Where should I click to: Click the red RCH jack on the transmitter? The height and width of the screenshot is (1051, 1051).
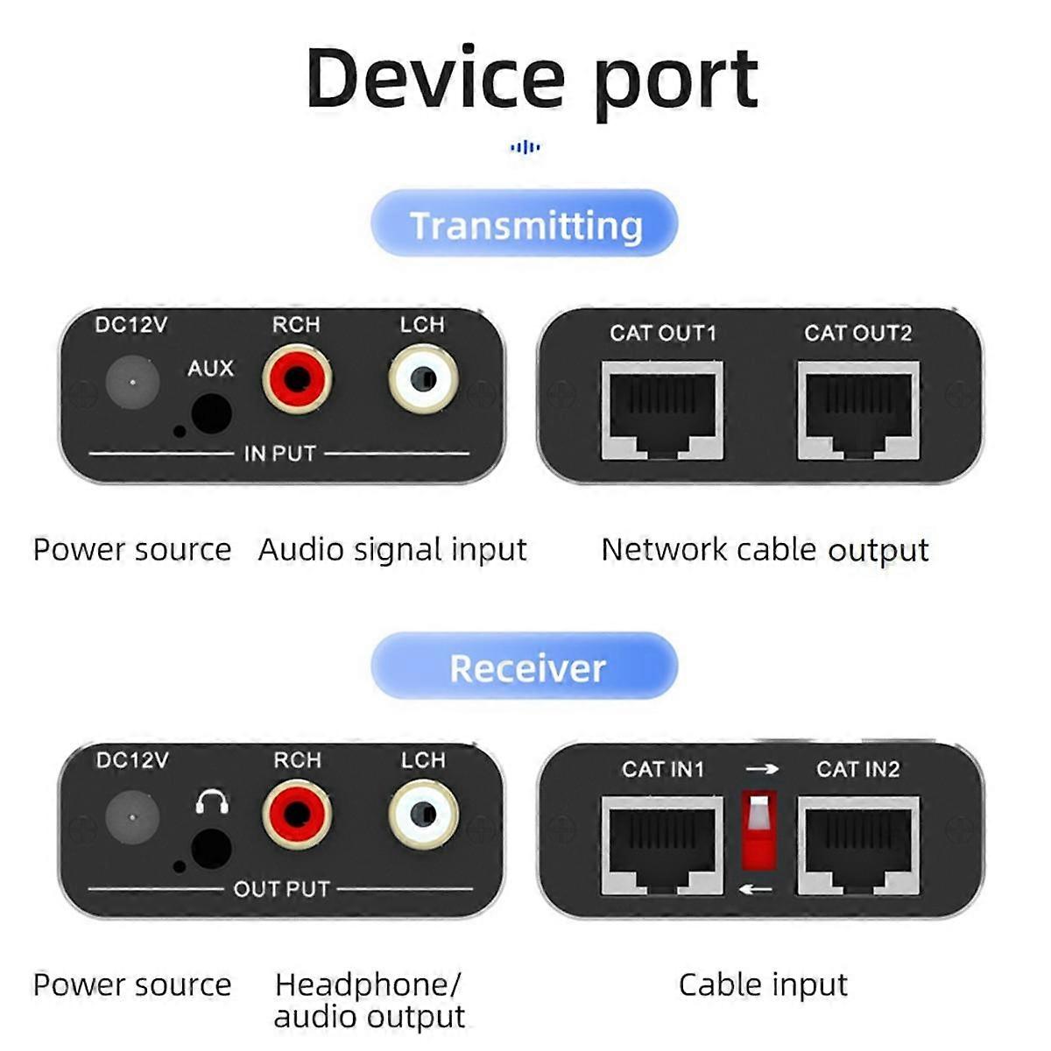point(297,378)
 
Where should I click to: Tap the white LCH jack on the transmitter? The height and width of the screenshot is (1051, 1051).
point(423,378)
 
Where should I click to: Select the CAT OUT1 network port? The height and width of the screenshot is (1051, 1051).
point(663,411)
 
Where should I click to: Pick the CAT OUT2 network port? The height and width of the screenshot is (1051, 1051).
point(858,411)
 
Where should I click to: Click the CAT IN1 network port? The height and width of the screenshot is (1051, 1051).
point(663,845)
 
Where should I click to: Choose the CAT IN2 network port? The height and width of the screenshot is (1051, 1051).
point(858,845)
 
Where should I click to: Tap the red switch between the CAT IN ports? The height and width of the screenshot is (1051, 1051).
point(759,829)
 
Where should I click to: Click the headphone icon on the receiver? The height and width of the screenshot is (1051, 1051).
point(212,801)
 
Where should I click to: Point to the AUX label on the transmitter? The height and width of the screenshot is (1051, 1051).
point(210,368)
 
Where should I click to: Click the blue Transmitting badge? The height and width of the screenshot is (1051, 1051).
point(524,223)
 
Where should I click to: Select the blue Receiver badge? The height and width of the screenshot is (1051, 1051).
point(524,666)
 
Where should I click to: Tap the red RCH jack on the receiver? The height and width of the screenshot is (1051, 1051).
point(297,815)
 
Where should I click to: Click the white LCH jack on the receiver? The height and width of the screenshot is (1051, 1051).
point(423,815)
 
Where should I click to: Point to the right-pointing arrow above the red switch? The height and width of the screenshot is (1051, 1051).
point(763,769)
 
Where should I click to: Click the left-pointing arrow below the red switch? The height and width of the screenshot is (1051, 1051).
point(756,890)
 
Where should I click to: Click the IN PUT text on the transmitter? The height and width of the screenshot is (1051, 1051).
point(279,453)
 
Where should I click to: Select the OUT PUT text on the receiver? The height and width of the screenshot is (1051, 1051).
point(281,889)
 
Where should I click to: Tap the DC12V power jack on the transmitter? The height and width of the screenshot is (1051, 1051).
point(132,383)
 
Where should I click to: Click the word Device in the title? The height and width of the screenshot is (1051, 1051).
point(434,79)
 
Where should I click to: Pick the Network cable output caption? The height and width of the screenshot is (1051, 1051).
point(765,549)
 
